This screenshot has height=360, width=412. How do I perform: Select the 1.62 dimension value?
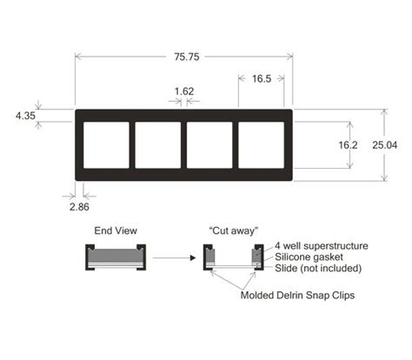click(x=184, y=90)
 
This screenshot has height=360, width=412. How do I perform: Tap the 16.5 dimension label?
click(x=262, y=77)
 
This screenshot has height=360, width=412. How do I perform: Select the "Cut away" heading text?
click(x=229, y=230)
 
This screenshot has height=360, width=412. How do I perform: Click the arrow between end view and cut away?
click(x=173, y=258)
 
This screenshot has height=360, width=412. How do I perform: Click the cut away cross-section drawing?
click(x=230, y=258)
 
